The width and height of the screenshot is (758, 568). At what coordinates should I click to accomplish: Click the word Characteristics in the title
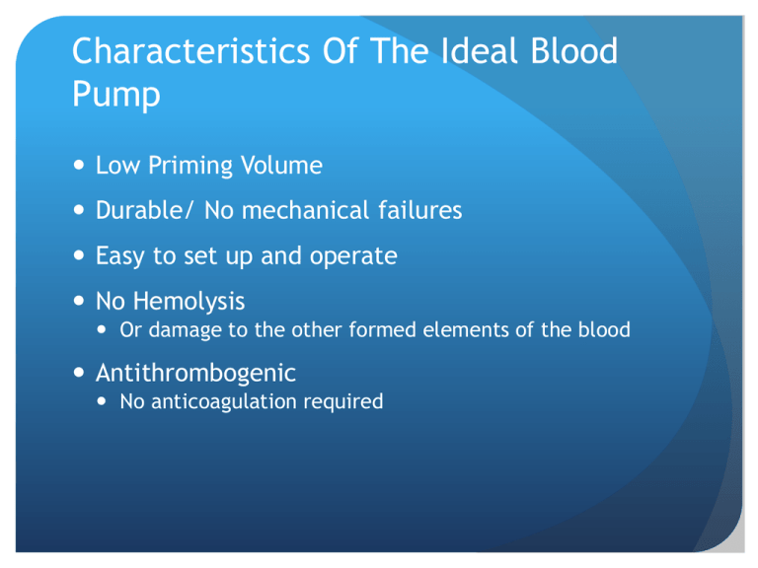190,51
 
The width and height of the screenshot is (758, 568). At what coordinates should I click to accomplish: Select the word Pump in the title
116,96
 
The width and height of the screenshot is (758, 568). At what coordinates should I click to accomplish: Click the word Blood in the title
573,51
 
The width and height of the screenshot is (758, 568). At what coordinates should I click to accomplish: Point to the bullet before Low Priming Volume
79,166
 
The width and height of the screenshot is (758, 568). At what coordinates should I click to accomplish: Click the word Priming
190,167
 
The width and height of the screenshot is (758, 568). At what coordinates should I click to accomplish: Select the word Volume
281,166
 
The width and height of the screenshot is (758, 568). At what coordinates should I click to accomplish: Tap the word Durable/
144,211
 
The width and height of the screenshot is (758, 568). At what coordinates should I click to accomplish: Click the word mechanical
306,211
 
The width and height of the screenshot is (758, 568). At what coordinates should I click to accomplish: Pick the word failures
420,211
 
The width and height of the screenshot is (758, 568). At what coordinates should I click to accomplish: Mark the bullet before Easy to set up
79,255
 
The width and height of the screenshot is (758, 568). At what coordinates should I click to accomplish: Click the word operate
353,257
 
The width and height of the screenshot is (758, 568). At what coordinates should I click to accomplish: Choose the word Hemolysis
189,302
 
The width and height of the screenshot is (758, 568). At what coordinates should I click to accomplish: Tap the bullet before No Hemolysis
79,301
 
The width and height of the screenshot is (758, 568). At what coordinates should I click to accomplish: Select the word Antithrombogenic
195,374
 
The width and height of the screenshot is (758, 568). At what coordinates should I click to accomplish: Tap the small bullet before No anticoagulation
101,401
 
